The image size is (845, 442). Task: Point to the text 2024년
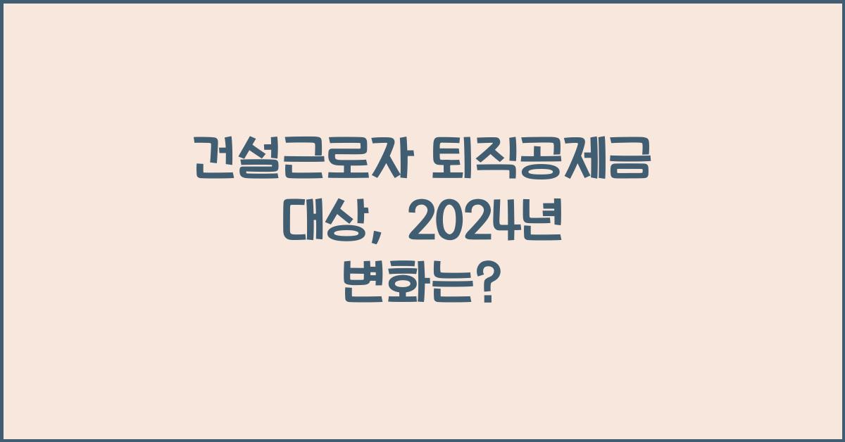coord(484,224)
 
